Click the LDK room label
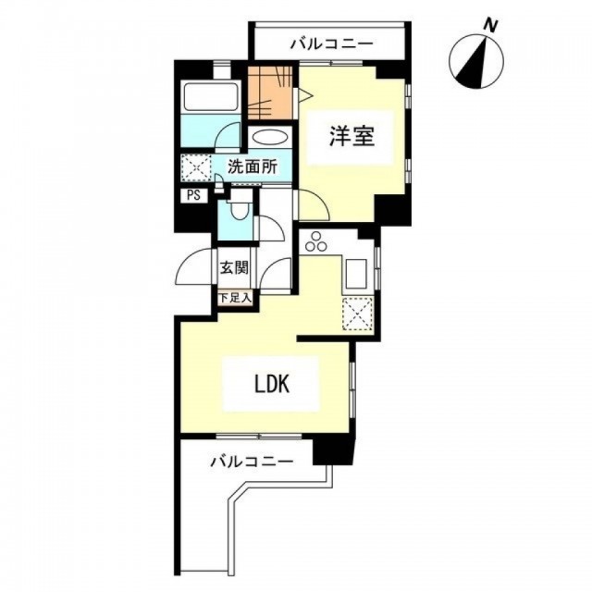[x=272, y=384]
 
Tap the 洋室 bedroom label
[x=351, y=136]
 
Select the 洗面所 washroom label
[x=253, y=166]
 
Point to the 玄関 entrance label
[x=234, y=267]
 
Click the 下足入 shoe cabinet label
[x=235, y=298]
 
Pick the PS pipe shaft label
[x=193, y=196]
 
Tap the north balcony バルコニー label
[x=331, y=44]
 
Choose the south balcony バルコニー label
[x=252, y=462]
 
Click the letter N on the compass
[x=490, y=26]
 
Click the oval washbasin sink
[x=269, y=137]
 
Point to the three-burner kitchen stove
[x=316, y=241]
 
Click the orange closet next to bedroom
[x=270, y=92]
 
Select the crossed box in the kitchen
[x=357, y=313]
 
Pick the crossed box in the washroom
[x=196, y=167]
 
